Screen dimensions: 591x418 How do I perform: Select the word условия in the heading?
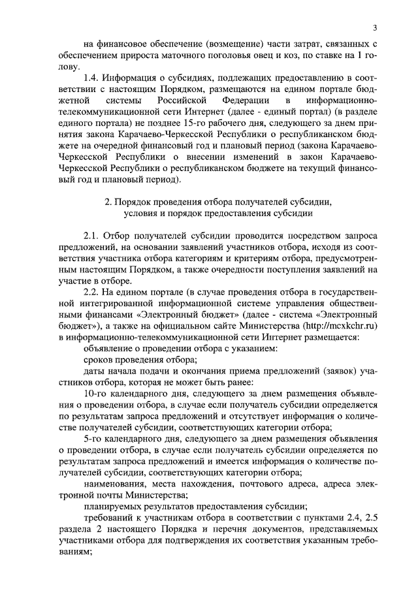136,214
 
